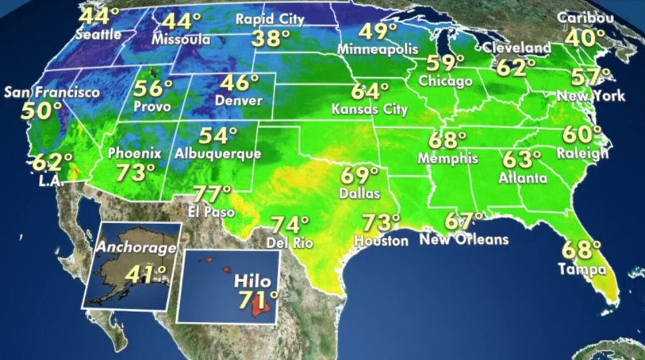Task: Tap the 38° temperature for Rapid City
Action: pyautogui.click(x=268, y=39)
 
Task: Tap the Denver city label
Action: pyautogui.click(x=239, y=101)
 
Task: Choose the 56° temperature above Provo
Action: pyautogui.click(x=153, y=89)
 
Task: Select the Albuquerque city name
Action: pyautogui.click(x=217, y=153)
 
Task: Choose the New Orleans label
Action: pyautogui.click(x=464, y=239)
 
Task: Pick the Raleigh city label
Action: pyautogui.click(x=582, y=152)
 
